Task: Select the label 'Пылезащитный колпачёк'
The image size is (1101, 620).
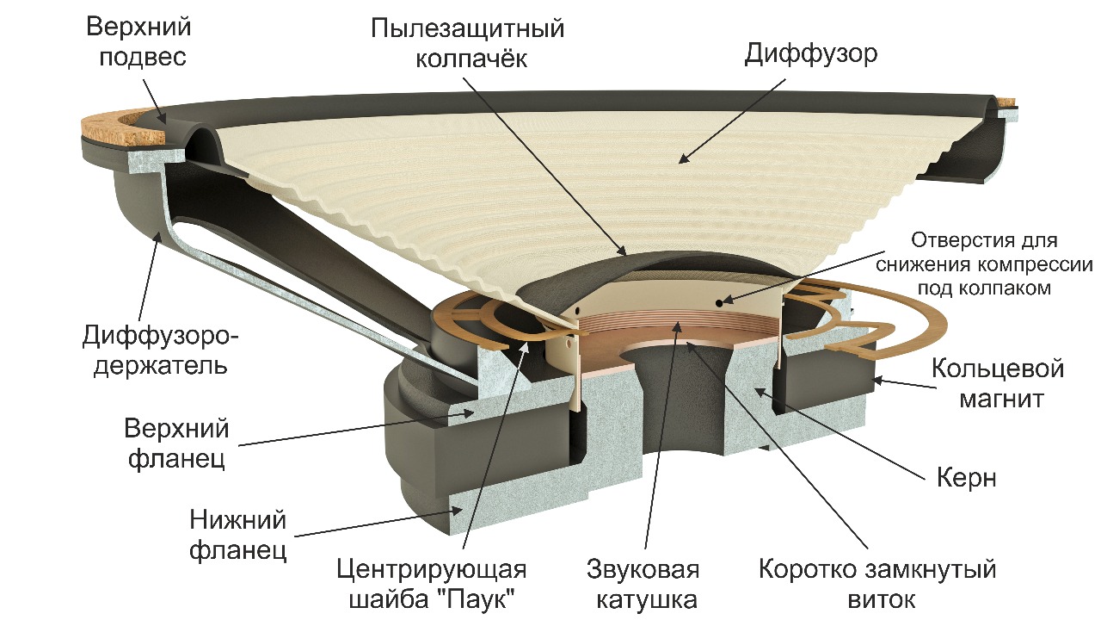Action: tap(467, 43)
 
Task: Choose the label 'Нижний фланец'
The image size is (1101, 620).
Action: tap(237, 535)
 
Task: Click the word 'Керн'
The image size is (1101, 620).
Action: tap(966, 478)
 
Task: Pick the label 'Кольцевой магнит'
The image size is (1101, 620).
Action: tap(999, 383)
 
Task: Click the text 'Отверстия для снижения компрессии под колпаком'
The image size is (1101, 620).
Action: tap(989, 263)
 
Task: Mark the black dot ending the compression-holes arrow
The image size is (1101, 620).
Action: tap(720, 301)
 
